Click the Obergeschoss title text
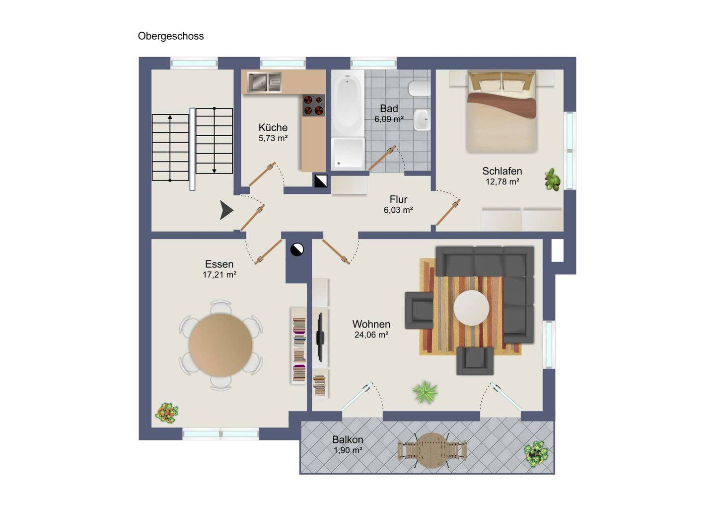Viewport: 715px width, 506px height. pyautogui.click(x=171, y=36)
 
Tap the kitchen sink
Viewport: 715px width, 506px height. pyautogui.click(x=264, y=82)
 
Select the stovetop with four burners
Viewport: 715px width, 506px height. pyautogui.click(x=313, y=105)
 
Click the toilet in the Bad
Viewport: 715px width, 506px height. pyautogui.click(x=419, y=88)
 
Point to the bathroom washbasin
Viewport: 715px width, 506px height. pyautogui.click(x=422, y=120)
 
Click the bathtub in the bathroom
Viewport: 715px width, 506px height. pyautogui.click(x=348, y=102)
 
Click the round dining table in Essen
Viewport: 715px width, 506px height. pyautogui.click(x=220, y=345)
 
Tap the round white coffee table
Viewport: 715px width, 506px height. pyautogui.click(x=471, y=308)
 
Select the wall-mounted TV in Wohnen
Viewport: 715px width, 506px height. pyautogui.click(x=320, y=337)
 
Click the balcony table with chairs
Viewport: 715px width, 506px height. pyautogui.click(x=432, y=450)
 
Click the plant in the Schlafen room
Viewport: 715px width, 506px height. pyautogui.click(x=553, y=180)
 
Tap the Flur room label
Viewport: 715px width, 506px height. pyautogui.click(x=398, y=200)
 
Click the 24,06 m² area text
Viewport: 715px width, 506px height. pyautogui.click(x=371, y=335)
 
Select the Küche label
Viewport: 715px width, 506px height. pyautogui.click(x=273, y=128)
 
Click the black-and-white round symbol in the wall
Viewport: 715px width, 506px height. pyautogui.click(x=297, y=250)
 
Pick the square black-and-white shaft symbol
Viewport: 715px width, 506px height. pyautogui.click(x=320, y=181)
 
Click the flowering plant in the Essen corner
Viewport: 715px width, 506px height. pyautogui.click(x=167, y=413)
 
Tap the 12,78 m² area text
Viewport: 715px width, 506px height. pyautogui.click(x=502, y=182)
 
